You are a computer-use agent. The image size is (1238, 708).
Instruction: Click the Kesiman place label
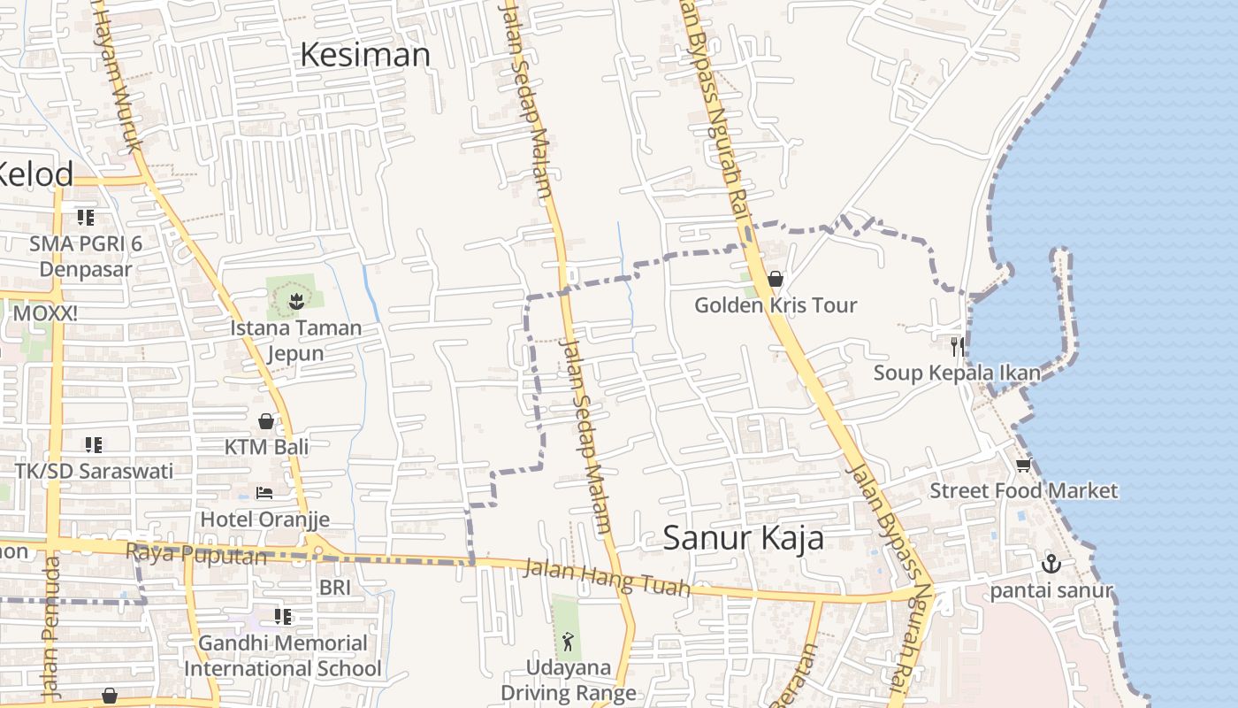(x=365, y=55)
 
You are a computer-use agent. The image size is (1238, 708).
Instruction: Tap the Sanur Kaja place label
(x=743, y=537)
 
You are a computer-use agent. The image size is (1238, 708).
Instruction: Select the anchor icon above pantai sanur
(x=1051, y=563)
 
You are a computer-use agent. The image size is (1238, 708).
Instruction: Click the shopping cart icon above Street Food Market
(x=1023, y=465)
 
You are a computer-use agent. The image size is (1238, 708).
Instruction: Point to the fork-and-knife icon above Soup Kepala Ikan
(x=956, y=345)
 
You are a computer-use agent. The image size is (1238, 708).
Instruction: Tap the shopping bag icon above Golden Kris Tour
(x=776, y=279)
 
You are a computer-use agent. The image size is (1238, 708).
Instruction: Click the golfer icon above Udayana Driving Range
(x=568, y=642)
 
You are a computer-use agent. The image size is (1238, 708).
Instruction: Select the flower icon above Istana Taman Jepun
(x=295, y=301)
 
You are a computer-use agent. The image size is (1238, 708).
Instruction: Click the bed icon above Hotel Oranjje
(x=264, y=492)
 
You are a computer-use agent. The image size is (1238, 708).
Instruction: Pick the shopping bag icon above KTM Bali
(x=265, y=421)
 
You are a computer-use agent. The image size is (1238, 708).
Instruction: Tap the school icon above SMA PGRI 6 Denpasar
(x=85, y=217)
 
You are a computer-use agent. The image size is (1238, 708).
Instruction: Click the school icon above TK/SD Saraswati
(x=94, y=444)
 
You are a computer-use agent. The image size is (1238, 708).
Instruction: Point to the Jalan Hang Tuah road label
(x=607, y=578)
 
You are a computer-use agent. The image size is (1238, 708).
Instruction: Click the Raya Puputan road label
(x=195, y=554)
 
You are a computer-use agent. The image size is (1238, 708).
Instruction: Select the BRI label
(x=335, y=587)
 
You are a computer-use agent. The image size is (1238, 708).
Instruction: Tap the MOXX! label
(x=45, y=312)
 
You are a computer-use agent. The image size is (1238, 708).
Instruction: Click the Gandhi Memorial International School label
(x=283, y=656)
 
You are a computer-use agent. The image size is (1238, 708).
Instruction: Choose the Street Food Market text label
(x=1023, y=490)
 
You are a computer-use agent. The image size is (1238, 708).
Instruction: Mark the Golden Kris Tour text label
(x=776, y=305)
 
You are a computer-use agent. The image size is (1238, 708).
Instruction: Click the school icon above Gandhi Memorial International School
(x=283, y=616)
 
